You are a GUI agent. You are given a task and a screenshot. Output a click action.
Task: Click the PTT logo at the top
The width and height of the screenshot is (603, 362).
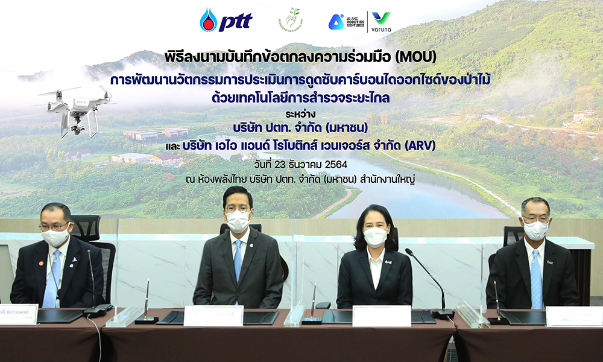[x=226, y=21]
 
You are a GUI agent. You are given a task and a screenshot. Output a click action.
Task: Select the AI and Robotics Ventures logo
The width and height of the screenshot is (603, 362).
[x=349, y=22]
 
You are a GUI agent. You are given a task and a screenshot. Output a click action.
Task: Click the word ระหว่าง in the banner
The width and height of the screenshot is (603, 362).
[x=301, y=112]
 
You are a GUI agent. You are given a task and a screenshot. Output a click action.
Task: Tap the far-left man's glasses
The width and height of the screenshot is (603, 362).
[x=55, y=226]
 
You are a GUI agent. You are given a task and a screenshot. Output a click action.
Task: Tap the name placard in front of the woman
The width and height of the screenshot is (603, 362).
[x=381, y=316]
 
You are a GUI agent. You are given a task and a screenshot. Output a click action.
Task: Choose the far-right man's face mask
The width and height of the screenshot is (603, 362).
[x=535, y=229]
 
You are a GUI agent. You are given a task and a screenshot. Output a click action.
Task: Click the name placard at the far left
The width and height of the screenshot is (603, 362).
[x=18, y=314]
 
